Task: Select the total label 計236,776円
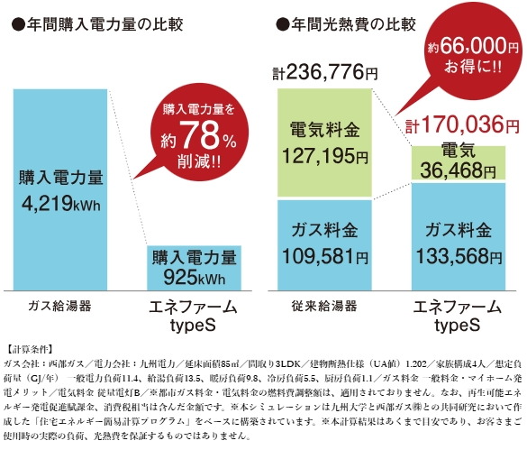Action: point(320,70)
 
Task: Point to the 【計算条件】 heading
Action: point(30,345)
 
